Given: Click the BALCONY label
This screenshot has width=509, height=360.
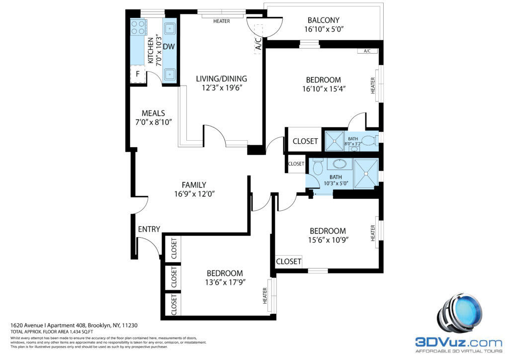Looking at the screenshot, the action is pos(323,20).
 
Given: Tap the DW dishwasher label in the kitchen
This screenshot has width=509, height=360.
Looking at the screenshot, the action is pos(169,47).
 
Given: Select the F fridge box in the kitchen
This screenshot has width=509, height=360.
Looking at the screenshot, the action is pos(138,74).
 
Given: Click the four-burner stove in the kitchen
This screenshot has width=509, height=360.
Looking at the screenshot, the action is pos(138,27).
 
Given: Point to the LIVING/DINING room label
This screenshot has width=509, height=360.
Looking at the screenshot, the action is pos(221,79).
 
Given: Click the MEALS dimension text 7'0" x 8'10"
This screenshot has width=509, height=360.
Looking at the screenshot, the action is pos(154,122).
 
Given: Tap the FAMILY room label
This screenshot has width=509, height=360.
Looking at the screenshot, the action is pos(194,185).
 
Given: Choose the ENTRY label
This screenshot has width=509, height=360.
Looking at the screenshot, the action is pos(149,229).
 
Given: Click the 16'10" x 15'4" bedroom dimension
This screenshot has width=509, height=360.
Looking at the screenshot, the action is pos(324,89).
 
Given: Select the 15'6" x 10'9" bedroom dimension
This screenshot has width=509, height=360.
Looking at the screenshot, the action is pos(328,240).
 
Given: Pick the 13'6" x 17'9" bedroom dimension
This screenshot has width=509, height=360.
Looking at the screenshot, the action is pos(225,282).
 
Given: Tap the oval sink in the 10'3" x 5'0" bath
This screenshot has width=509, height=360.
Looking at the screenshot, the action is pos(339,164).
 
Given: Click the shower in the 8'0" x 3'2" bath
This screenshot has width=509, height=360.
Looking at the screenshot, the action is pos(334,141).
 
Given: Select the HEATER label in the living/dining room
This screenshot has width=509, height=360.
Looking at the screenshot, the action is pos(222,21).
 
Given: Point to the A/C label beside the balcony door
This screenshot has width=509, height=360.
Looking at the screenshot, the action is pos(258,44).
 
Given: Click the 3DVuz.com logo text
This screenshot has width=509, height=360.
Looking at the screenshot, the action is pos(459,342).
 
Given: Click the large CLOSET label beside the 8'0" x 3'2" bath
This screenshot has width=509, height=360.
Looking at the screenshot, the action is pos(305,141).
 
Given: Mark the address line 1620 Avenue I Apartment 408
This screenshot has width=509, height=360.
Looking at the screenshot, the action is pos(48,325).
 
